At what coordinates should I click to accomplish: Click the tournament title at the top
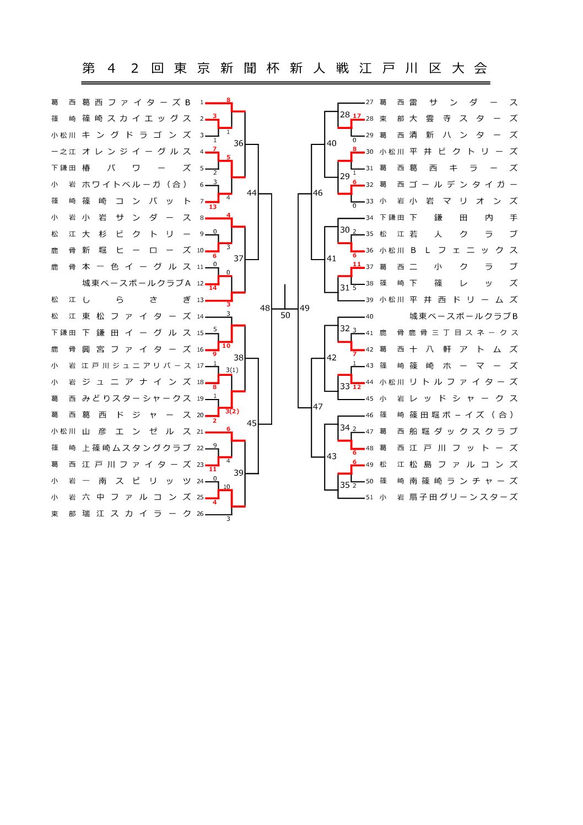click(285, 68)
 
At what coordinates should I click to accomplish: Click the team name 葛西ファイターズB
click(136, 103)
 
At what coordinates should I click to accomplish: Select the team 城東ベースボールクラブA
click(136, 283)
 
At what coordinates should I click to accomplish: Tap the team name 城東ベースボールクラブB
click(463, 316)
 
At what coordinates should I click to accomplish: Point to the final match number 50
click(285, 316)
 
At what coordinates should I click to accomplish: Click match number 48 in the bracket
click(265, 308)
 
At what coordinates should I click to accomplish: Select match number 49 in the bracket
click(305, 308)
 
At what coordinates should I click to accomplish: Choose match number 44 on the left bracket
click(252, 193)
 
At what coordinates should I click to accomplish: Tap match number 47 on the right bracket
click(318, 407)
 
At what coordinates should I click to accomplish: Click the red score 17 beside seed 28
click(357, 116)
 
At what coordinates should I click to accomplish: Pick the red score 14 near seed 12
click(213, 288)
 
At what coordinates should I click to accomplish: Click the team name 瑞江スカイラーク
click(136, 514)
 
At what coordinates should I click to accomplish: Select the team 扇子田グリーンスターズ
click(463, 497)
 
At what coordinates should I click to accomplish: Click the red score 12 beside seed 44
click(357, 387)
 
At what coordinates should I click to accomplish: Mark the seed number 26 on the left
click(200, 514)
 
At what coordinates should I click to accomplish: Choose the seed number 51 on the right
click(369, 497)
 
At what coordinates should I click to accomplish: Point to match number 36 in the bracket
click(238, 143)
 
